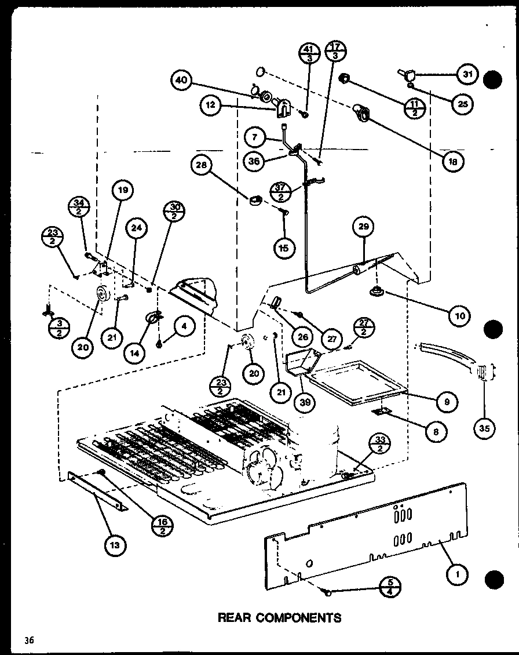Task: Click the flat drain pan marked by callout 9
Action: pos(353,383)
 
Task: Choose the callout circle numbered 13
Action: pos(116,544)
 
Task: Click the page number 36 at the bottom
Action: pos(29,640)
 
